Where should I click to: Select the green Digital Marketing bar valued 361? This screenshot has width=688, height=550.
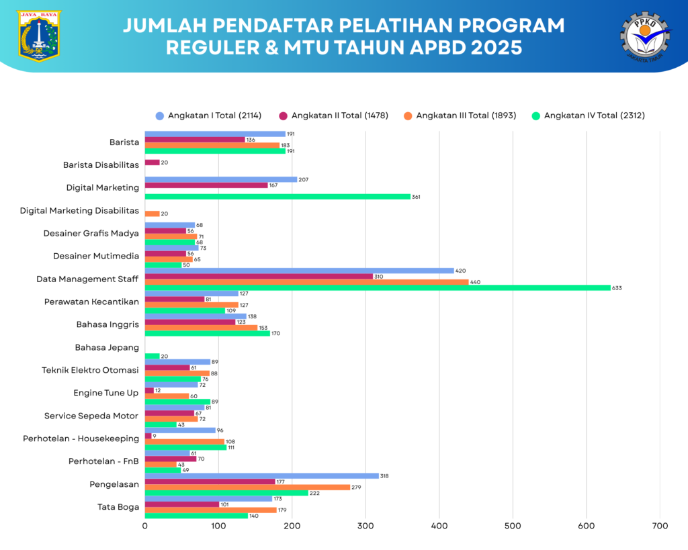[x=277, y=196]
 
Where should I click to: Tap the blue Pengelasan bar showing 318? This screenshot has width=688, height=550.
[x=262, y=475]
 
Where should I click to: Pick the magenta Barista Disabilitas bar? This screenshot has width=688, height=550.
[x=153, y=163]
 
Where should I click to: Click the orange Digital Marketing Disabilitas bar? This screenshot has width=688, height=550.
[x=153, y=214]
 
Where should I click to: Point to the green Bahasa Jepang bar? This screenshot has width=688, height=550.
[x=153, y=356]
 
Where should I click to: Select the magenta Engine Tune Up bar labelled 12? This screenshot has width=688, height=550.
[x=149, y=390]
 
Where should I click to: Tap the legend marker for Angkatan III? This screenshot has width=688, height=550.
[x=407, y=116]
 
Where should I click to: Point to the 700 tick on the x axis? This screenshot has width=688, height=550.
[x=660, y=526]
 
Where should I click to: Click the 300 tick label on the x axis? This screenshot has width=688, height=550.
[x=365, y=526]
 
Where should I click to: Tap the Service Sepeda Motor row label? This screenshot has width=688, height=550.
[x=91, y=416]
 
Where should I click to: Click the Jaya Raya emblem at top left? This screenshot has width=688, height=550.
[x=39, y=35]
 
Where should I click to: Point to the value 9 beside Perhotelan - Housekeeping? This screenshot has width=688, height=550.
[x=155, y=436]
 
